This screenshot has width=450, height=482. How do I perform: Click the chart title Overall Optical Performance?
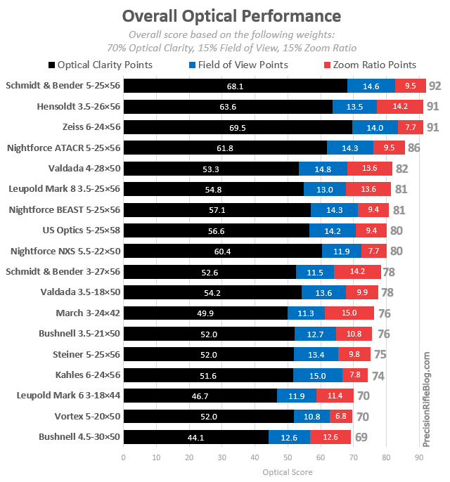(x=231, y=16)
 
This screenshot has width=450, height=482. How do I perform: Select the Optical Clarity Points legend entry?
(x=106, y=65)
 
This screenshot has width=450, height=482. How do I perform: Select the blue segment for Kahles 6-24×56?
(x=318, y=375)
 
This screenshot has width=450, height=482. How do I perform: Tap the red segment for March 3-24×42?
(x=349, y=313)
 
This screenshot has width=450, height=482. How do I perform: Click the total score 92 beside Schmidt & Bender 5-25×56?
(x=435, y=86)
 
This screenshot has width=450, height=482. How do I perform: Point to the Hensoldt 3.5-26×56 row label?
(x=79, y=107)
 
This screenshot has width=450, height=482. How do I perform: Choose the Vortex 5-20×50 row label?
(x=86, y=417)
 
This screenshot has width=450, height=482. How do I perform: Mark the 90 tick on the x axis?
(x=419, y=458)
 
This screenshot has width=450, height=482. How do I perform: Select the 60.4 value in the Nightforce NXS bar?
(x=223, y=251)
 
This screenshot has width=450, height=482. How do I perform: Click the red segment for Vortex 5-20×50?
(x=341, y=417)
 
